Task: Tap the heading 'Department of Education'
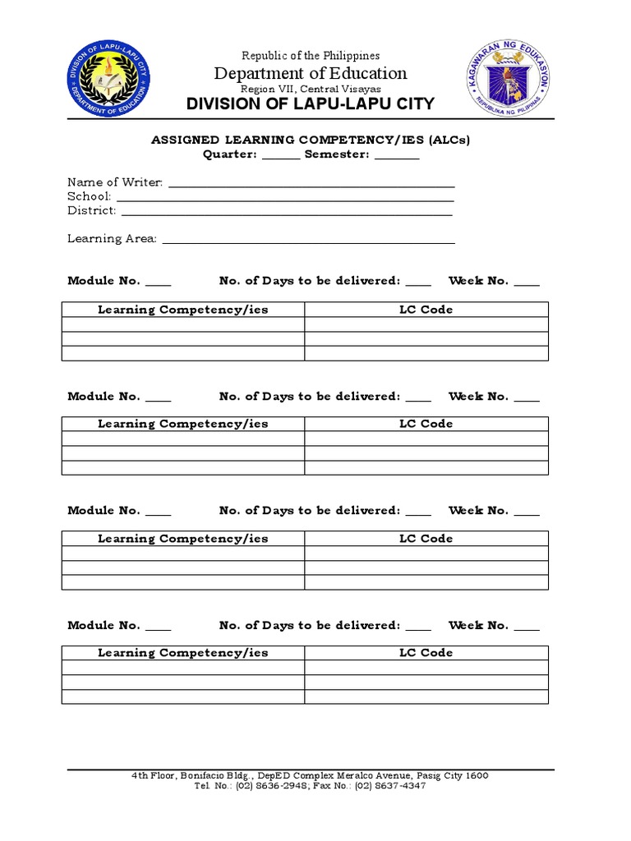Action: point(311,73)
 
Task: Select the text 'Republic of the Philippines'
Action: point(311,56)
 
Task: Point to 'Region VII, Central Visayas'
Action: point(311,89)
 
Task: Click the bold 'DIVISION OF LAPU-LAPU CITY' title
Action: point(311,104)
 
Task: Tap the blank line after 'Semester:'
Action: point(397,156)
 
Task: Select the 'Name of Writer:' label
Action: point(115,182)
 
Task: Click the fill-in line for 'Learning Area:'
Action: point(308,241)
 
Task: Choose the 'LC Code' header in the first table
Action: point(426,310)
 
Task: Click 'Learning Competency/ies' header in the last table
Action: point(182,653)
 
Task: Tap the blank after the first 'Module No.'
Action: point(159,283)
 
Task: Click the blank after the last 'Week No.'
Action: point(527,627)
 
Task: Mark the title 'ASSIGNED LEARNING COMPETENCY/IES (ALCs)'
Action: point(311,140)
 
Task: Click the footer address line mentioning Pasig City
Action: point(310,775)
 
